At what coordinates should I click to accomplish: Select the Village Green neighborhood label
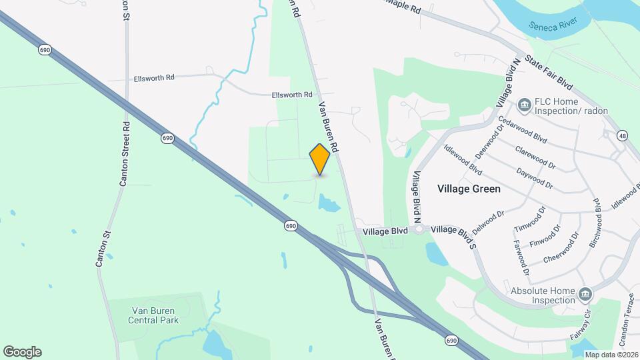469,189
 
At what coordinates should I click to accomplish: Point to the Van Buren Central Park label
154,315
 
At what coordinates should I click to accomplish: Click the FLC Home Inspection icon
524,104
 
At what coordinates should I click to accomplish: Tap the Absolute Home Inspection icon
585,293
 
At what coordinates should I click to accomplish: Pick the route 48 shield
623,135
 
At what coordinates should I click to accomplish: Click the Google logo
22,351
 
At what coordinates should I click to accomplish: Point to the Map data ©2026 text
611,355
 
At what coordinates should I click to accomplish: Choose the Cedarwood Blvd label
522,130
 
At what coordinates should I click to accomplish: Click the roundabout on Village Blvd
419,229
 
